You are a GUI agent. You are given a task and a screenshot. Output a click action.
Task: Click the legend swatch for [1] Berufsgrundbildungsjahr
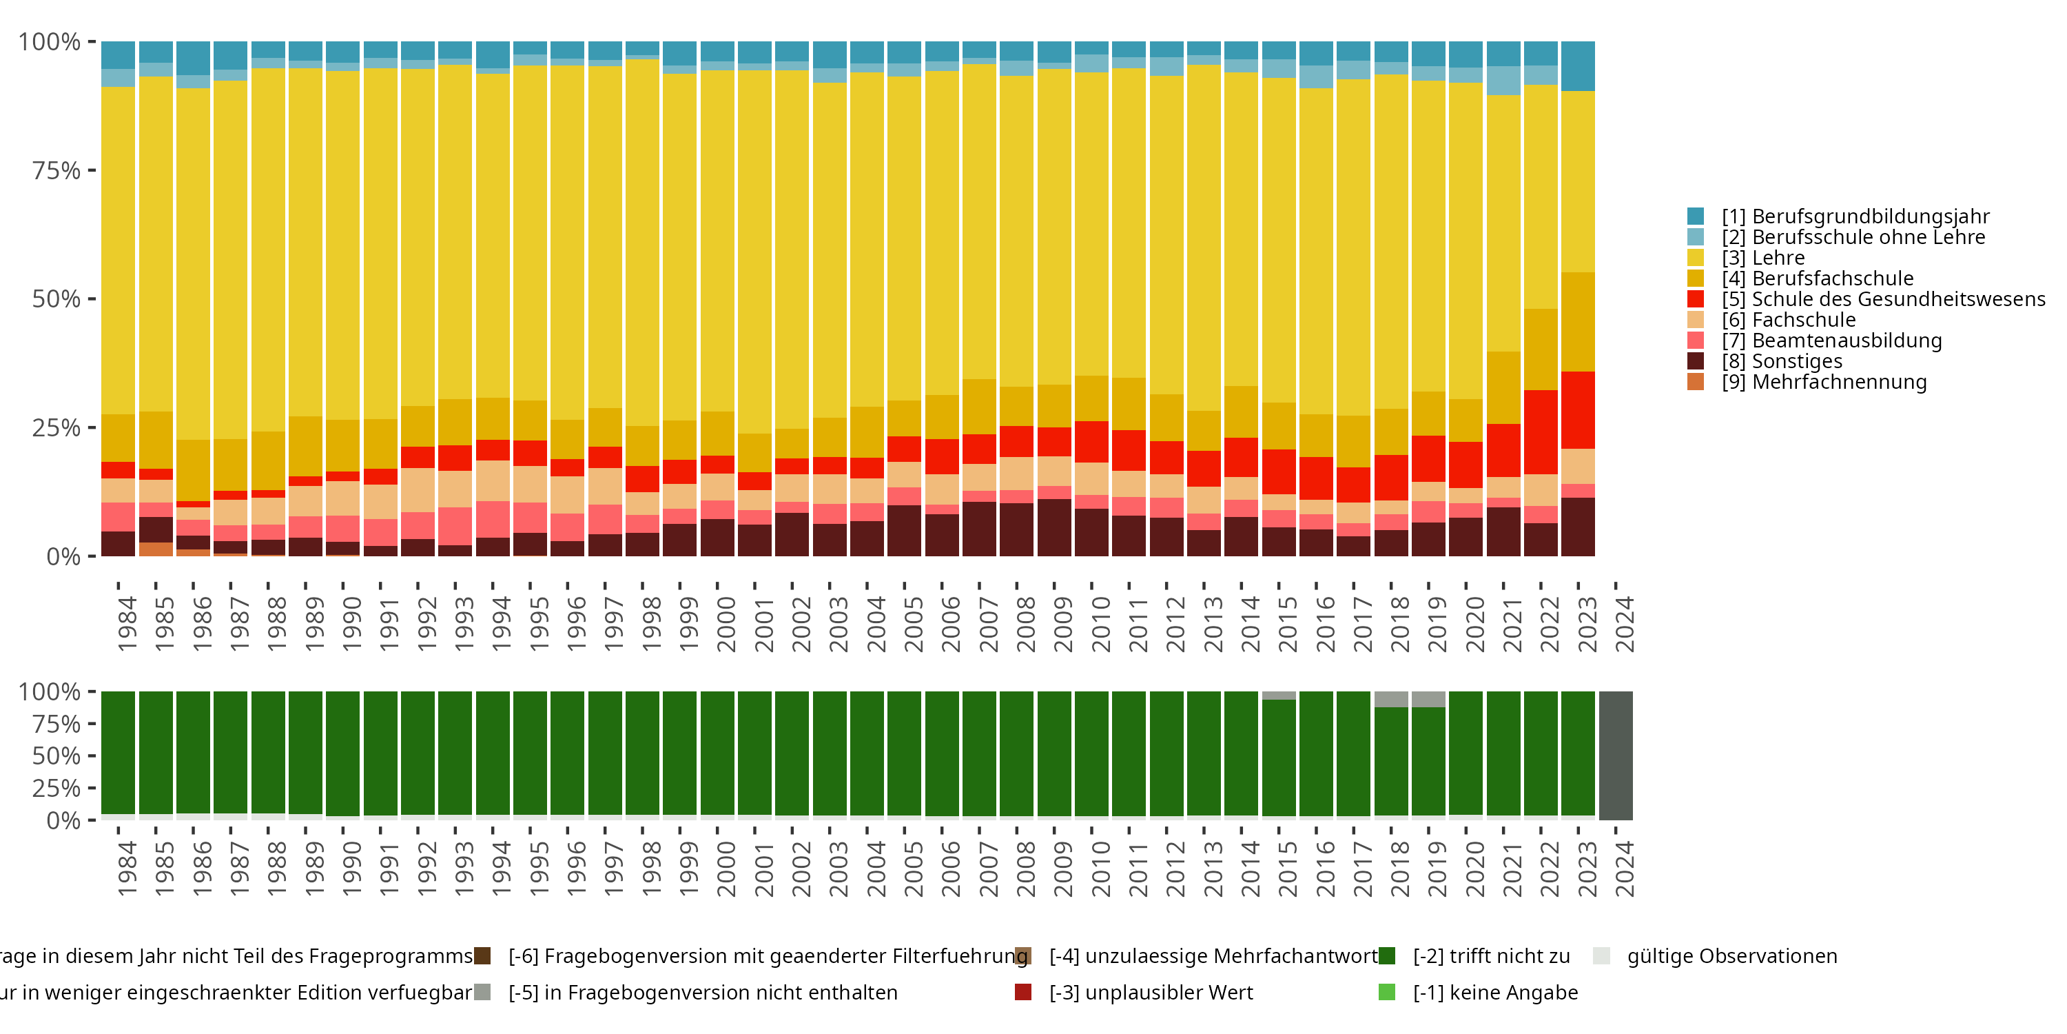1696,216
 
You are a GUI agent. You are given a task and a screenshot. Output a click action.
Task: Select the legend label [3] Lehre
1763,258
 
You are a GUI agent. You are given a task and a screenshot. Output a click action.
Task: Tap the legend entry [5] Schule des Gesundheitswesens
1882,299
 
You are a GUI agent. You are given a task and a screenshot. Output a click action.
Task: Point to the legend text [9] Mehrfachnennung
1824,382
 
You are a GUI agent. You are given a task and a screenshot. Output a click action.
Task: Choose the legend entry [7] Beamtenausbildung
1831,341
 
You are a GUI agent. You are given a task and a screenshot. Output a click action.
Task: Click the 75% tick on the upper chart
56,170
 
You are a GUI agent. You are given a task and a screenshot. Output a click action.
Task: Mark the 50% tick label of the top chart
56,298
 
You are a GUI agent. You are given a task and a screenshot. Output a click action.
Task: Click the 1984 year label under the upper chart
127,623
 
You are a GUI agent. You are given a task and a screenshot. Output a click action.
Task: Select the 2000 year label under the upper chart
726,623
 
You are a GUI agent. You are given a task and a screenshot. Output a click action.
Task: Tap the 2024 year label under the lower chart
1624,869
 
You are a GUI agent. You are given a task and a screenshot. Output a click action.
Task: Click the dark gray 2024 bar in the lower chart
1615,755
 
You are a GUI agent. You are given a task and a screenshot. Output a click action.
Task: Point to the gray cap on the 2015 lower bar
1279,696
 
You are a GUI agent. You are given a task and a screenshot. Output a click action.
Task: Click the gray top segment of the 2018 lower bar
1391,698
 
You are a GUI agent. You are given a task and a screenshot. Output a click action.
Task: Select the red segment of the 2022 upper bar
1541,432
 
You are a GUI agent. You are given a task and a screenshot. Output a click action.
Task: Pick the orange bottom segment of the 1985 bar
156,549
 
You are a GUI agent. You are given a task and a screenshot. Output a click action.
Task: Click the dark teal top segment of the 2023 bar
1578,65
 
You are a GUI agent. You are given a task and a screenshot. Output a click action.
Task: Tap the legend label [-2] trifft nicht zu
1491,956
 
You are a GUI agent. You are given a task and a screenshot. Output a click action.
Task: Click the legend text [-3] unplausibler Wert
1151,993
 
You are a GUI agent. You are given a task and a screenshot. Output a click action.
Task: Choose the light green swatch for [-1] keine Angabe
1386,992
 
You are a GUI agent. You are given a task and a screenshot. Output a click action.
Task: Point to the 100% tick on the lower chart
50,691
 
